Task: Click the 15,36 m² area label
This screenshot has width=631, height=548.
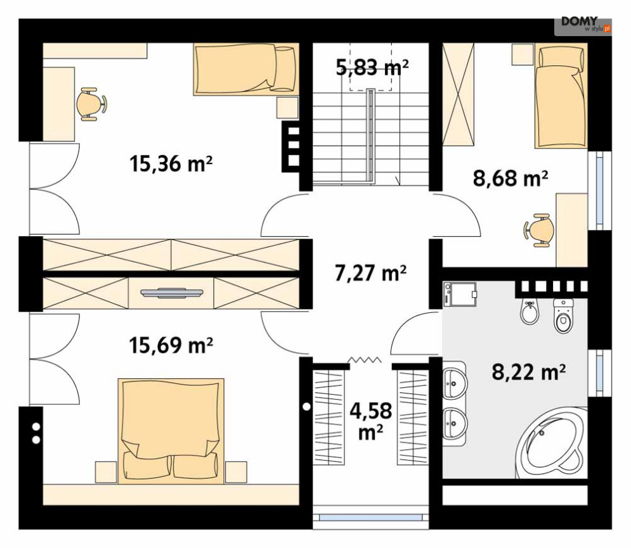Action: [x=171, y=164]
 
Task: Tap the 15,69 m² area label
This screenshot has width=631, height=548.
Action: [x=171, y=345]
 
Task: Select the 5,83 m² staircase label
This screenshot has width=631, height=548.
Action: [x=372, y=67]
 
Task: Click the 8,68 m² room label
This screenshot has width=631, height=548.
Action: [x=511, y=178]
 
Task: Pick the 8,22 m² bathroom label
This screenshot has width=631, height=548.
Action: [x=529, y=372]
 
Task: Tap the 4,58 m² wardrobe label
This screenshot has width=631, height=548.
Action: [x=370, y=421]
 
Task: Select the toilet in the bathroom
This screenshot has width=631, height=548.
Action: [x=563, y=315]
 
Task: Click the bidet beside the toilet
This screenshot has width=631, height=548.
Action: [x=530, y=311]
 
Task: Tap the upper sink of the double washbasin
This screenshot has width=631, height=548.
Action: [x=455, y=383]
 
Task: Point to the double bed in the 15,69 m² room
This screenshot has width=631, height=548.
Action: [x=171, y=431]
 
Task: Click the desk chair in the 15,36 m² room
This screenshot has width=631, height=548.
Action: [x=91, y=104]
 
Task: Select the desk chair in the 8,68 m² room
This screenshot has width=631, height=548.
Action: [x=538, y=230]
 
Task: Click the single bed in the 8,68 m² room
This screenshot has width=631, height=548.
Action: [x=561, y=96]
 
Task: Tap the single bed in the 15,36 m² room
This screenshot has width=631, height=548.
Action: [x=246, y=69]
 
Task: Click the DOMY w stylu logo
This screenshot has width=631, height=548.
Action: [x=583, y=25]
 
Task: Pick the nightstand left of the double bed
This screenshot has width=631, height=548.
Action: [x=106, y=473]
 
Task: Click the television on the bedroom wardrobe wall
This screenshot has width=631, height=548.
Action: [x=172, y=293]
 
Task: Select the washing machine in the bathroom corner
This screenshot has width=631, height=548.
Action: [x=460, y=295]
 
